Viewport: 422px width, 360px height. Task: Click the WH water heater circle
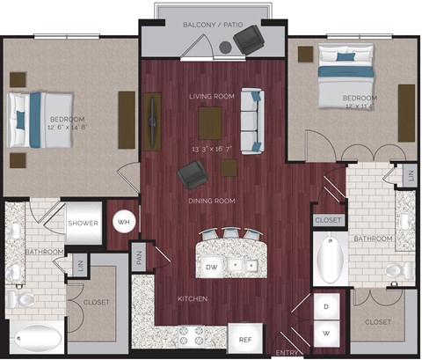pyautogui.click(x=124, y=222)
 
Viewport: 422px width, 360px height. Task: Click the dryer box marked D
pyautogui.click(x=327, y=307)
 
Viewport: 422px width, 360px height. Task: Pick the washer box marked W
pyautogui.click(x=327, y=334)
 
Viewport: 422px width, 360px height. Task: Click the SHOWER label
pyautogui.click(x=83, y=223)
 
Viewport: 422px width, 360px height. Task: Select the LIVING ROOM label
pyautogui.click(x=211, y=96)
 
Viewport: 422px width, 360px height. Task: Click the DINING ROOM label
pyautogui.click(x=211, y=201)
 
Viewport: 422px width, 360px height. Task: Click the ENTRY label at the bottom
pyautogui.click(x=287, y=352)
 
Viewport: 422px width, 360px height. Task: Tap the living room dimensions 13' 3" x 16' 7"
pyautogui.click(x=211, y=150)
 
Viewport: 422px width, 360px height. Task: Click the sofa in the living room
pyautogui.click(x=252, y=120)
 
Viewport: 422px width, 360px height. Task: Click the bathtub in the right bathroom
pyautogui.click(x=329, y=257)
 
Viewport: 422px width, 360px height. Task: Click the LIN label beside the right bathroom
pyautogui.click(x=411, y=175)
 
